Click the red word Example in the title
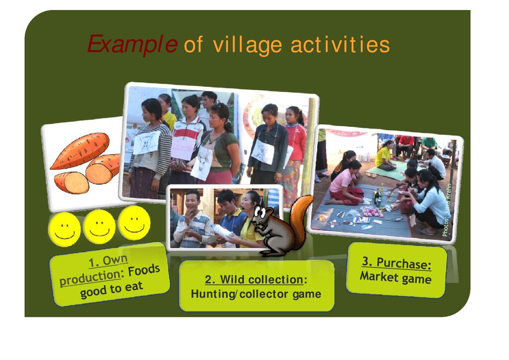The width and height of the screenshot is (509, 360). (132, 44)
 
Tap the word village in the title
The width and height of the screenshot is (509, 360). (248, 45)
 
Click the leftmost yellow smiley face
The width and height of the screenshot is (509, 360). (64, 229)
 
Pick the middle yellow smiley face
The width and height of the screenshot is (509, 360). (99, 227)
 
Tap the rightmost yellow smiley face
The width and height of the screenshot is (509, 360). (134, 223)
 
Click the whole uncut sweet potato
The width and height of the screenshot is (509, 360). (80, 151)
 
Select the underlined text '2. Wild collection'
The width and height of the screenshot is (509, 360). (254, 279)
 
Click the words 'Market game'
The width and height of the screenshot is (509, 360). (395, 278)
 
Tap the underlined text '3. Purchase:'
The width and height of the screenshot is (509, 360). (397, 263)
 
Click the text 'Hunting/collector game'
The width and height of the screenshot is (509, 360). (256, 294)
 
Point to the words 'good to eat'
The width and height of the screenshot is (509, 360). (111, 289)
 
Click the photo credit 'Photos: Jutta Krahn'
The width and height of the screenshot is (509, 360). (447, 210)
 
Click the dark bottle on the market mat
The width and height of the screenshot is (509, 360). (377, 196)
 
